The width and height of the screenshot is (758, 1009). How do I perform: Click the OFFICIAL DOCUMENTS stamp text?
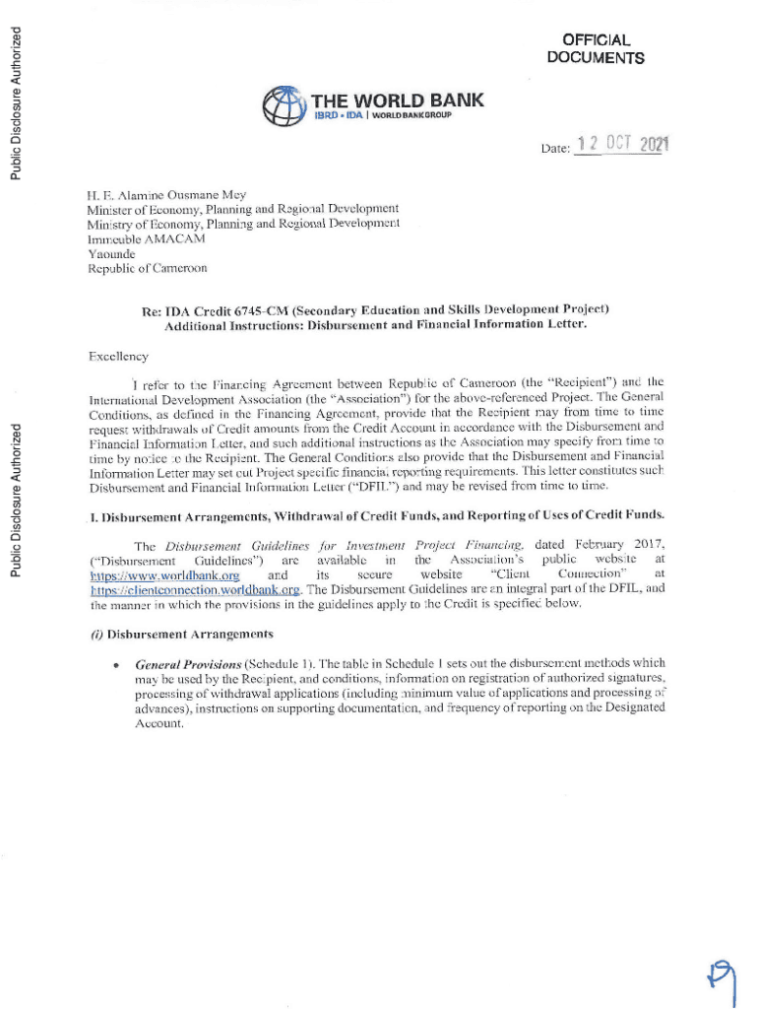click(x=595, y=49)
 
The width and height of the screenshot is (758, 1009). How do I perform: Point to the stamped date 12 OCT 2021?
click(x=623, y=146)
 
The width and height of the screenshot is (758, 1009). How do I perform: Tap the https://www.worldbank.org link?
click(x=164, y=574)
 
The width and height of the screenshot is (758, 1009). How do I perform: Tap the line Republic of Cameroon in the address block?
click(x=148, y=268)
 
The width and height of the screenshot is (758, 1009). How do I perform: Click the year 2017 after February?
click(x=648, y=545)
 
